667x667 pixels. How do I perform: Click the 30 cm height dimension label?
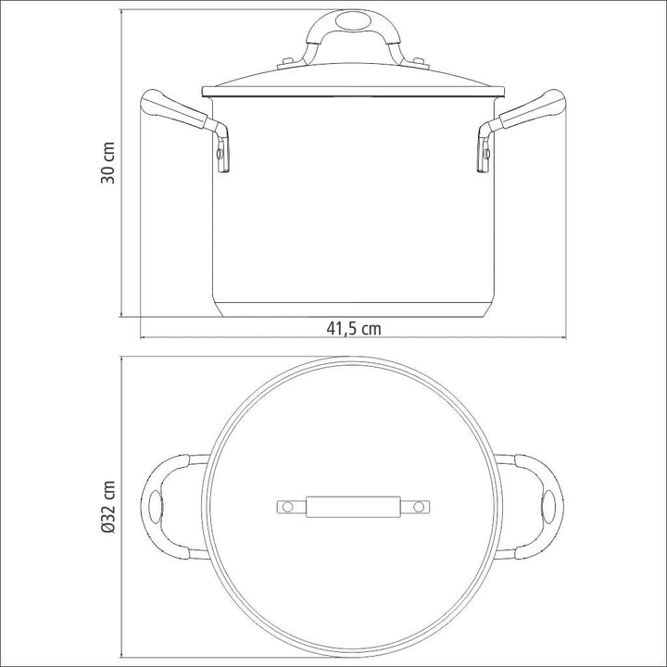coord(108,165)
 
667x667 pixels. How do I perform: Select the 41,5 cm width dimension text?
coord(352,328)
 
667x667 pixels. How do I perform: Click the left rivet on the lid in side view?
coord(284,63)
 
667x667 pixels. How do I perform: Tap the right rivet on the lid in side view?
coord(421,63)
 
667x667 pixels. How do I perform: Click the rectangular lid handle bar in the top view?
coord(353,507)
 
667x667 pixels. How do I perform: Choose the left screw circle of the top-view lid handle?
coord(286,507)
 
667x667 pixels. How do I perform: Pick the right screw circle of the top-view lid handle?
coord(420,507)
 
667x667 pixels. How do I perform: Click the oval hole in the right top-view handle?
coord(548,507)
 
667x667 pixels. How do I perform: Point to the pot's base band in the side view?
coord(353,310)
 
